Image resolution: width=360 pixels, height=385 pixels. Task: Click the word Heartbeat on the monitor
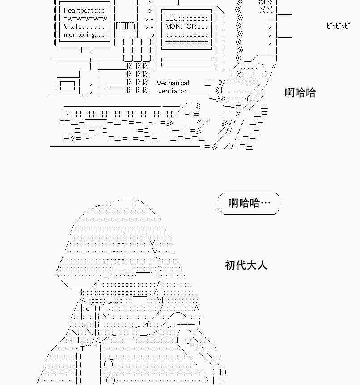pyautogui.click(x=79, y=10)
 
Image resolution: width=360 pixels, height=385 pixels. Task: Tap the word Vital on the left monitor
pyautogui.click(x=71, y=26)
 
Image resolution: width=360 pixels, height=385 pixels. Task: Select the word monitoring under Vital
pyautogui.click(x=79, y=34)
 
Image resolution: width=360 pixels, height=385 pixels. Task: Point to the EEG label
pyautogui.click(x=172, y=18)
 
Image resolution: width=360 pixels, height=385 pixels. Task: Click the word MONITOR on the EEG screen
pyautogui.click(x=181, y=26)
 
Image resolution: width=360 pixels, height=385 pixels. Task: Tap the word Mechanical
pyautogui.click(x=172, y=83)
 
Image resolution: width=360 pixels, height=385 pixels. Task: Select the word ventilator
pyautogui.click(x=172, y=91)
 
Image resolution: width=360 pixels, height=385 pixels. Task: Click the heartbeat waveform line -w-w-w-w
pyautogui.click(x=85, y=18)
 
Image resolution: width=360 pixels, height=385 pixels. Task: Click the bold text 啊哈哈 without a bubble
pyautogui.click(x=300, y=92)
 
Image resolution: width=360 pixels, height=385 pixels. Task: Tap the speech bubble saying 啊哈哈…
pyautogui.click(x=249, y=203)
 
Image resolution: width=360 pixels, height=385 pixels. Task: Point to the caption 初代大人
pyautogui.click(x=246, y=265)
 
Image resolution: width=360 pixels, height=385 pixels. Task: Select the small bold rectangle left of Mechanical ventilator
pyautogui.click(x=67, y=86)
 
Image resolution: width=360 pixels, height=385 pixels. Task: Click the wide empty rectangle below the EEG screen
pyautogui.click(x=186, y=62)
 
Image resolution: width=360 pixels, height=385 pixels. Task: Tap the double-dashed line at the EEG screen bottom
pyautogui.click(x=186, y=43)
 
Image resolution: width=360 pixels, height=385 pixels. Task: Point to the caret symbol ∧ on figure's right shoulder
pyautogui.click(x=196, y=308)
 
